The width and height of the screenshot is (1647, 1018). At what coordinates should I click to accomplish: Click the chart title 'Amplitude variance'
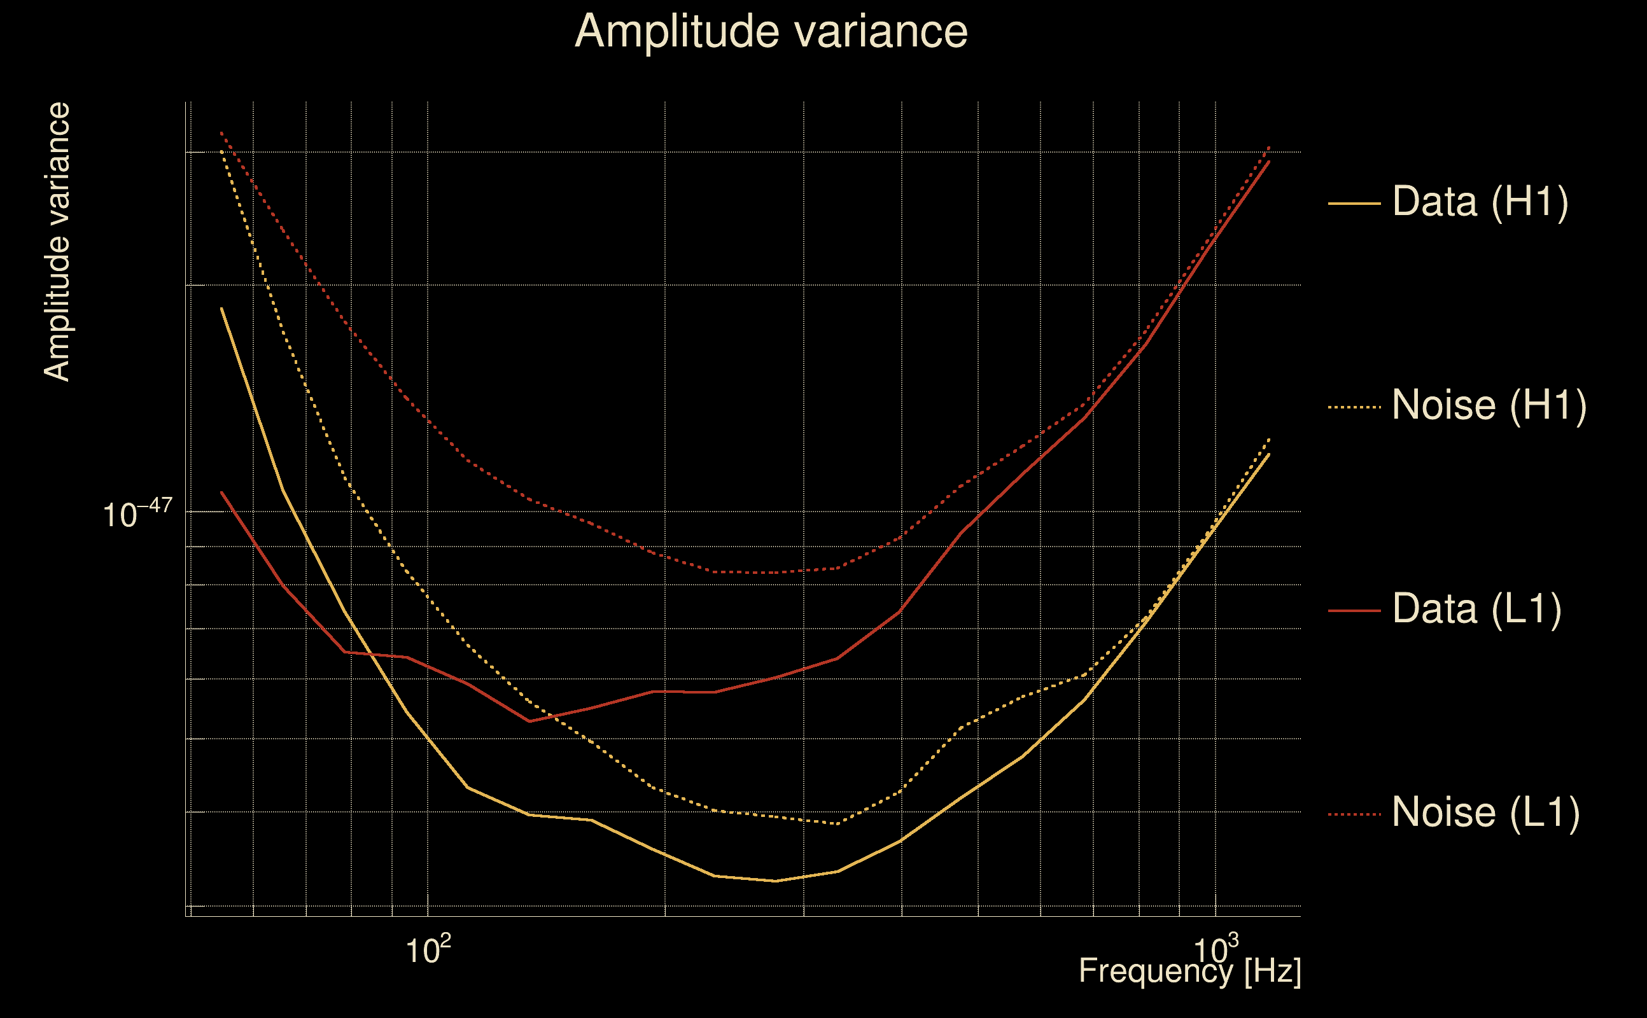coord(770,32)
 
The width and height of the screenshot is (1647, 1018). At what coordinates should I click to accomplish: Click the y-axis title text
coord(57,242)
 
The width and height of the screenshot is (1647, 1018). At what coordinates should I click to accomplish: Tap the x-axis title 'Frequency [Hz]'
coord(1190,972)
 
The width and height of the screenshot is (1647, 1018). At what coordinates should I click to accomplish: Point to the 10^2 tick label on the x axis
coord(428,950)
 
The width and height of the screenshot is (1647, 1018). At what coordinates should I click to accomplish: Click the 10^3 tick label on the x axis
coord(1216,950)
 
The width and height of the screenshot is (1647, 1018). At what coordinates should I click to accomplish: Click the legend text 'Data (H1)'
coord(1480,201)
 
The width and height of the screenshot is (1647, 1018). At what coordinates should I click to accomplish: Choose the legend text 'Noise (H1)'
coord(1489,405)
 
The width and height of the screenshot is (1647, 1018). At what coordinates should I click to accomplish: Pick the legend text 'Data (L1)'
coord(1476,610)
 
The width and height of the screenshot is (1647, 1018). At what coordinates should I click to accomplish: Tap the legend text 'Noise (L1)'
coord(1485,812)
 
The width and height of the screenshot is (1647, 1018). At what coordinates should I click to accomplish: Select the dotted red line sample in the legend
coord(1354,814)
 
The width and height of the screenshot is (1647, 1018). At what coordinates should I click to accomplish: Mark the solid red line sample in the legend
coord(1354,611)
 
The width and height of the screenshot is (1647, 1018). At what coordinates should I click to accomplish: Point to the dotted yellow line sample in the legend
coord(1354,407)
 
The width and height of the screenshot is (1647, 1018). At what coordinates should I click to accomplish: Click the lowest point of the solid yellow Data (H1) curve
coord(776,881)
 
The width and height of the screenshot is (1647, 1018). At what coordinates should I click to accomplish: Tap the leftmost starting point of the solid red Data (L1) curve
coord(221,492)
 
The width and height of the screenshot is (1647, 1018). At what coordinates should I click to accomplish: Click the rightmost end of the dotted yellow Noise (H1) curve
coord(1269,439)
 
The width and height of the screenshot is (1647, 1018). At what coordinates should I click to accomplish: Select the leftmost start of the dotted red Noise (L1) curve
coord(221,132)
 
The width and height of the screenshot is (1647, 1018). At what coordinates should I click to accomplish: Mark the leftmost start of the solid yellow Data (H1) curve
coord(221,309)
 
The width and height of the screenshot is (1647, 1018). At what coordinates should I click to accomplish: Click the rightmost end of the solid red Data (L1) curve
coord(1269,162)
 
